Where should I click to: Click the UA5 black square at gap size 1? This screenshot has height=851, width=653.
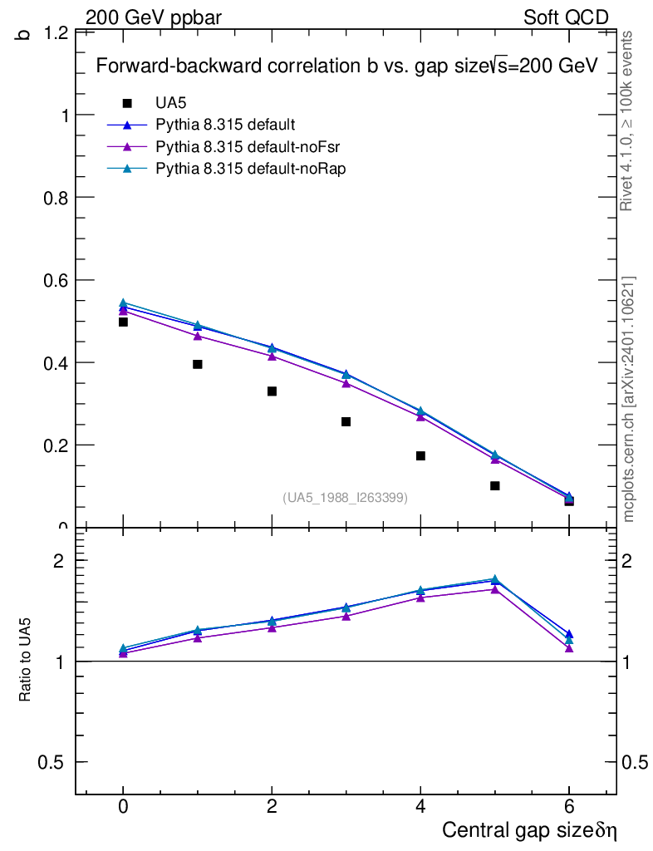coord(198,364)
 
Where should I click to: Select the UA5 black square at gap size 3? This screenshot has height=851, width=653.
coord(346,421)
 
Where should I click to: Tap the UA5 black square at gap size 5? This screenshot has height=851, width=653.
coord(495,485)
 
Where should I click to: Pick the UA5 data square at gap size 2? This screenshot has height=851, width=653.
coord(272,391)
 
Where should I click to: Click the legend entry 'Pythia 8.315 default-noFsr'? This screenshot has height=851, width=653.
coord(249,146)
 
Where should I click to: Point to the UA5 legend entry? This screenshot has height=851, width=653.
coord(170,103)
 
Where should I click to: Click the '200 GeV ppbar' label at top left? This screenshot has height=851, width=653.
coord(154,17)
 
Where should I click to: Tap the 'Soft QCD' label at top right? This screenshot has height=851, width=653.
coord(566,17)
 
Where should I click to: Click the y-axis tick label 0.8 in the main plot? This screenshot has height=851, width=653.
coord(55,198)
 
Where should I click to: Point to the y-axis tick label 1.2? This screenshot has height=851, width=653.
coord(55,33)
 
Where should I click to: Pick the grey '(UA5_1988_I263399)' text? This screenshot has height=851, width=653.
coord(346,497)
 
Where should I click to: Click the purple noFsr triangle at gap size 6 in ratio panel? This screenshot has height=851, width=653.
coord(569,647)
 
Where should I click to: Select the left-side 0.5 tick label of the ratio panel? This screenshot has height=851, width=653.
coord(52,762)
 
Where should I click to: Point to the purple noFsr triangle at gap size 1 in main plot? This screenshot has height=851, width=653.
coord(198,336)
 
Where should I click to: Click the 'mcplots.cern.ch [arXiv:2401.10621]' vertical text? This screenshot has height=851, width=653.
coord(630,399)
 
